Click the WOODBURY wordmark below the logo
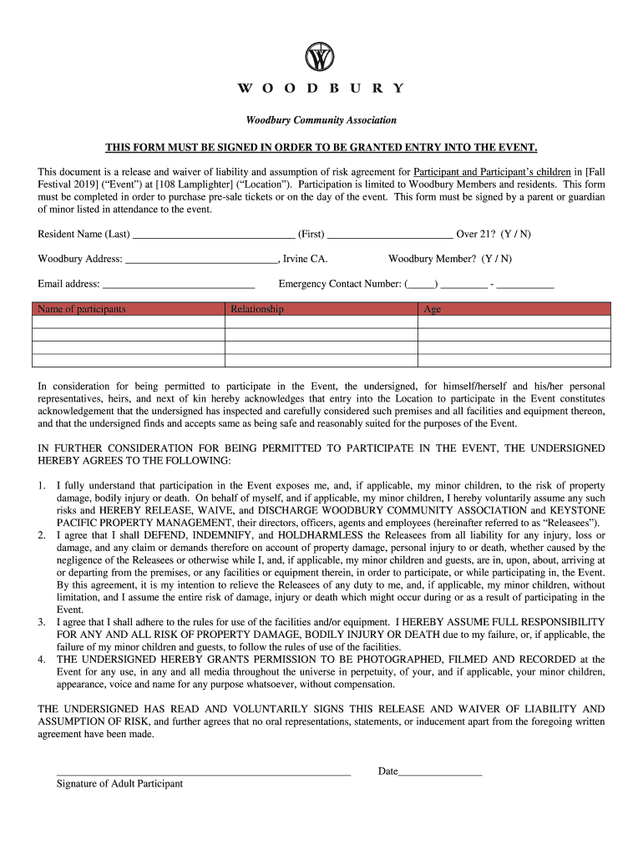coord(321,89)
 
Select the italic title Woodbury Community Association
coord(321,120)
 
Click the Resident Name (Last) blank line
coord(214,235)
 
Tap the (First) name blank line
coord(390,235)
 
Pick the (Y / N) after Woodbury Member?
coord(497,259)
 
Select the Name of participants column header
coord(81,309)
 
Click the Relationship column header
coord(257,309)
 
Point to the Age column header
coord(433,309)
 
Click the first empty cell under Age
coord(514,322)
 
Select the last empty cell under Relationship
coord(321,361)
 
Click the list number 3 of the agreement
coord(42,623)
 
